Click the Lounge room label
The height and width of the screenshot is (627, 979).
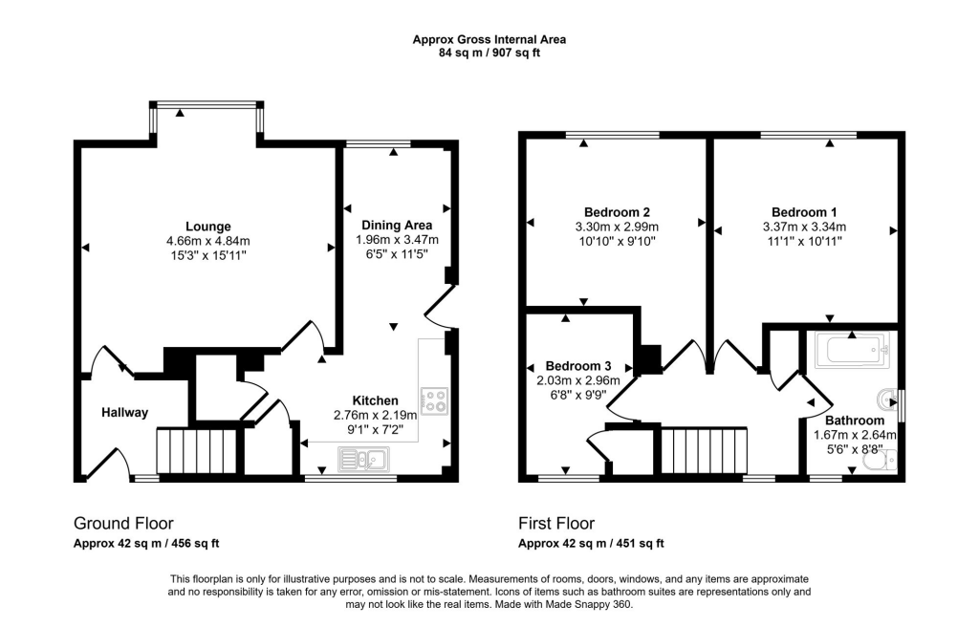207,227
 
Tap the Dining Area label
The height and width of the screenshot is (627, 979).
397,226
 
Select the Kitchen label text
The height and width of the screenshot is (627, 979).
375,400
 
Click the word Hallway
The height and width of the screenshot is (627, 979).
125,413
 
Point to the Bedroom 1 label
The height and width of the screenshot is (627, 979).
804,212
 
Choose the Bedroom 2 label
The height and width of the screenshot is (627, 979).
617,212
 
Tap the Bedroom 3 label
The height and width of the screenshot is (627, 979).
578,366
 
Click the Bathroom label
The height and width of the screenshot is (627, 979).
855,421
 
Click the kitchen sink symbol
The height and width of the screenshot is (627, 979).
363,460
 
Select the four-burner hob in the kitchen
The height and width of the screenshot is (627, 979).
434,400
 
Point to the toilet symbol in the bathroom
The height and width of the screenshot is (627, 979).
880,460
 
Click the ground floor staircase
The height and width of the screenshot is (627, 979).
196,451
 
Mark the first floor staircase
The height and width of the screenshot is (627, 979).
705,451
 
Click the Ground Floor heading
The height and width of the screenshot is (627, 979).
123,524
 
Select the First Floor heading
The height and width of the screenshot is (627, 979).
556,524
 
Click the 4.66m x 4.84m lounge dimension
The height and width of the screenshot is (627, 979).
207,241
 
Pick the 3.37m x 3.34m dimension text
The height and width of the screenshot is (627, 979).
804,227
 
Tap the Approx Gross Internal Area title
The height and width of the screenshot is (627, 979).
489,39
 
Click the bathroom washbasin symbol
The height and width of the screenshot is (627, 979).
887,398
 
